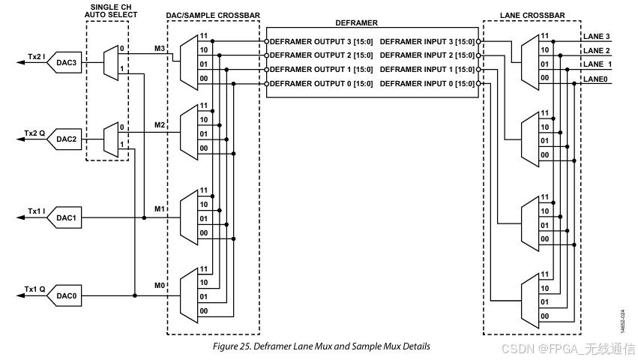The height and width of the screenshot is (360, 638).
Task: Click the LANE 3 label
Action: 597,37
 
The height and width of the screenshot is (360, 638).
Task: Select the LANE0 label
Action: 595,77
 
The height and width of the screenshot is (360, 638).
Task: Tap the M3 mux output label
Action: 159,48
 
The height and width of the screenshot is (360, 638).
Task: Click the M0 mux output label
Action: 159,285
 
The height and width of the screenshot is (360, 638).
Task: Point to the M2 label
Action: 159,125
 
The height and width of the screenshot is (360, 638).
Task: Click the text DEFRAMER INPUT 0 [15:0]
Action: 427,84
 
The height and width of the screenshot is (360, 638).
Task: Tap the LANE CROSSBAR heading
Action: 532,14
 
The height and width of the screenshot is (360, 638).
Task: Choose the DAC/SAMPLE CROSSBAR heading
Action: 212,14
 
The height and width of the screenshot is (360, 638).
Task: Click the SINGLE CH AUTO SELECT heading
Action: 107,10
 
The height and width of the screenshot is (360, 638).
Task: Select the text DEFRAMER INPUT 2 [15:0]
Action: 427,55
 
